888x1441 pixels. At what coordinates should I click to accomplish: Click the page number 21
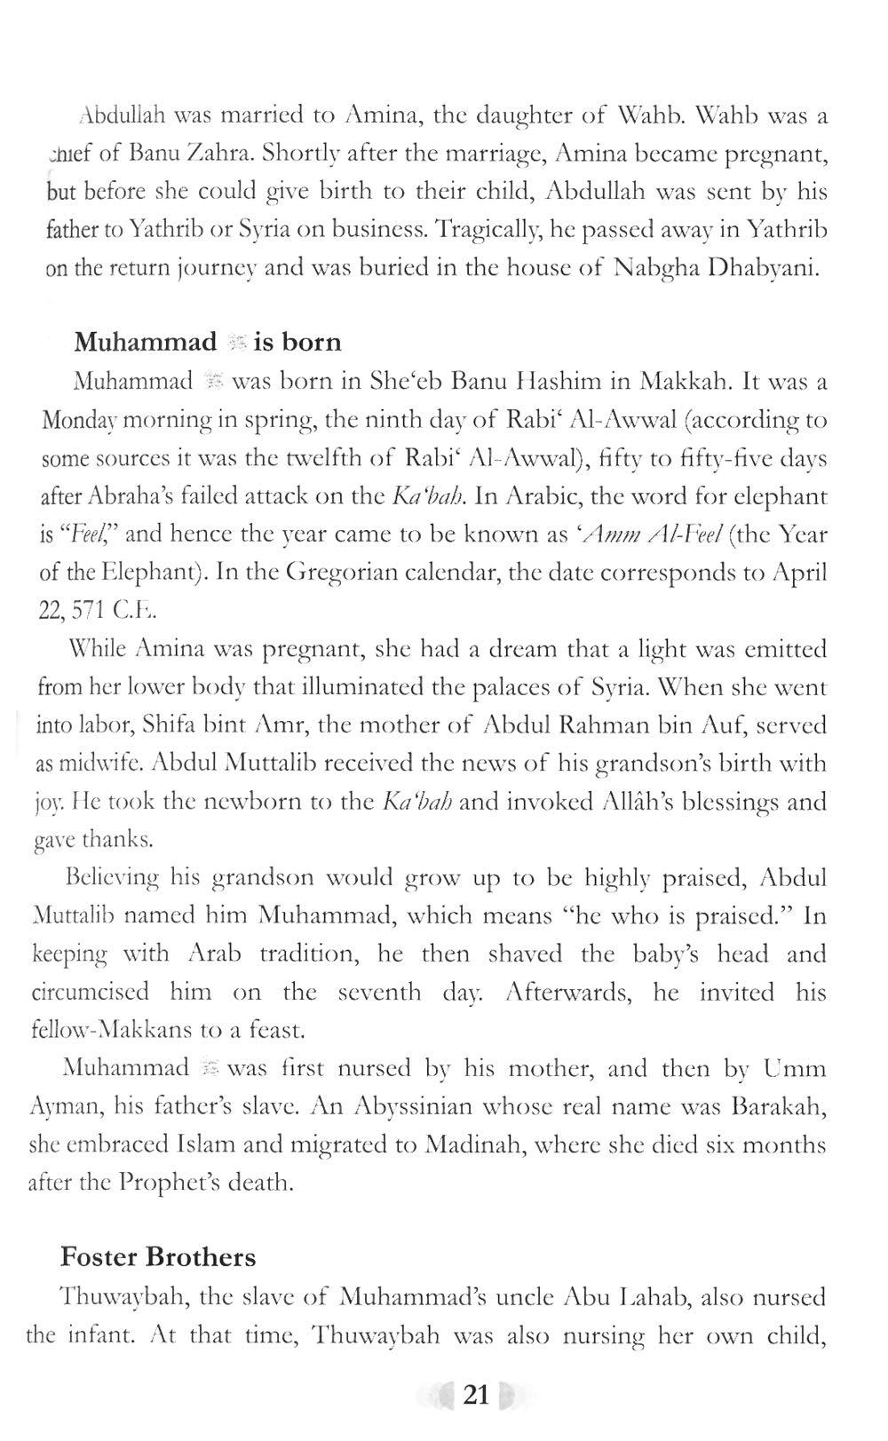click(x=476, y=1396)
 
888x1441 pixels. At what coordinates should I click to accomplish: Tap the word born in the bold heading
click(x=311, y=342)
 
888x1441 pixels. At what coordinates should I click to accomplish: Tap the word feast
click(x=279, y=1031)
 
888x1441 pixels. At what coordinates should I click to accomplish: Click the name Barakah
click(x=780, y=1107)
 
